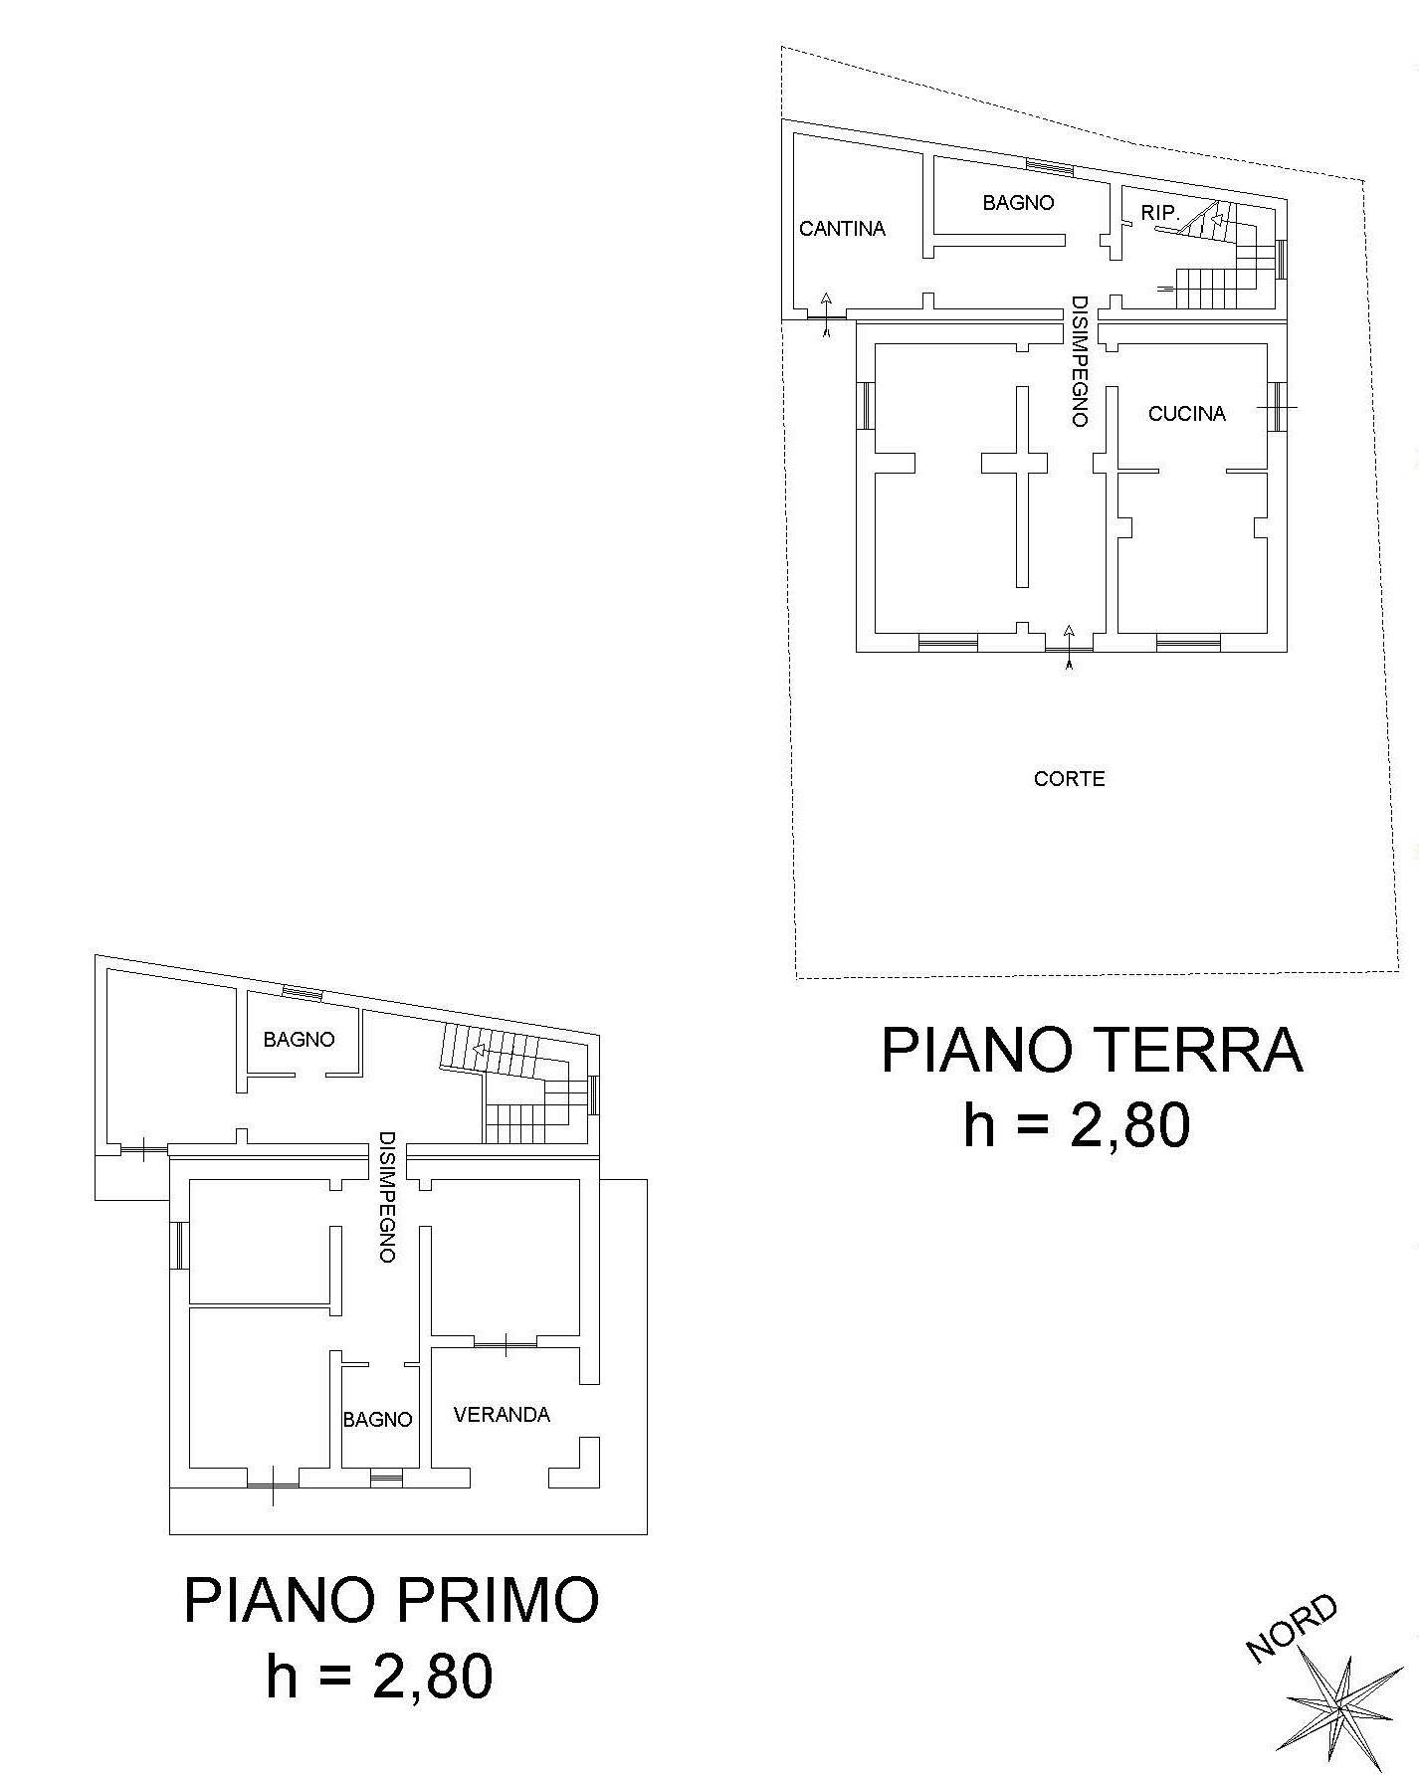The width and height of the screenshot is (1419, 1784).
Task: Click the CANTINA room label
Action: pyautogui.click(x=842, y=229)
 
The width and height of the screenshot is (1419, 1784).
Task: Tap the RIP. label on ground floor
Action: pyautogui.click(x=1160, y=213)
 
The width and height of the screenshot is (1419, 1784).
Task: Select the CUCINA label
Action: pyautogui.click(x=1186, y=414)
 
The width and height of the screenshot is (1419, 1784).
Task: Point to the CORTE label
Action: pyautogui.click(x=1070, y=779)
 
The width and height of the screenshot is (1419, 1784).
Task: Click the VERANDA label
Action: pyautogui.click(x=502, y=1415)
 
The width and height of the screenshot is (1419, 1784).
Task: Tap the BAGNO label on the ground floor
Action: pyautogui.click(x=1018, y=203)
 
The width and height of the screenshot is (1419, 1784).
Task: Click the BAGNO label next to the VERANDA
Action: pyautogui.click(x=377, y=1420)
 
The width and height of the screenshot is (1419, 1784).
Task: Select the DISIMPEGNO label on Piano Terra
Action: pyautogui.click(x=1078, y=361)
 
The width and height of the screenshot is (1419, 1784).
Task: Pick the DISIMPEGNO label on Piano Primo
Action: pyautogui.click(x=387, y=1197)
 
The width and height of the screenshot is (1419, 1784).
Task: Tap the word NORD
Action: pyautogui.click(x=1293, y=1628)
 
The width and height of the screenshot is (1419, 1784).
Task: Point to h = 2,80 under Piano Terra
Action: pyautogui.click(x=1077, y=1126)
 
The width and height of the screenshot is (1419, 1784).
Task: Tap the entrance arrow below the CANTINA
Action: pyautogui.click(x=826, y=315)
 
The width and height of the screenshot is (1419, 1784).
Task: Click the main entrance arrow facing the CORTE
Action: pyautogui.click(x=1069, y=648)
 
